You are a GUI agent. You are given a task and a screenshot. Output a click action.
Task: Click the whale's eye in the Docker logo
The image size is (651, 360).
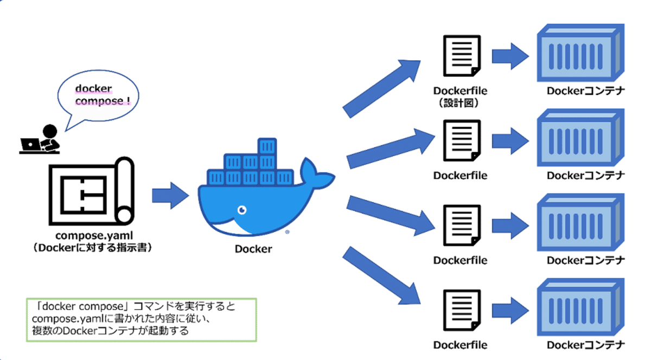point(242,210)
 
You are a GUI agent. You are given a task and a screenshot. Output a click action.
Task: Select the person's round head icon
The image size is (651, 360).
point(50,131)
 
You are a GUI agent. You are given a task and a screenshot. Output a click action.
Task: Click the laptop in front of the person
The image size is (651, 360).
point(30,144)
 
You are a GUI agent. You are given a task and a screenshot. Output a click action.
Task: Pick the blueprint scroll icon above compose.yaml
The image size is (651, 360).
point(92,191)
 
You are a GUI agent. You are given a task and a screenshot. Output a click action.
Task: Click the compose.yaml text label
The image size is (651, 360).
point(94,235)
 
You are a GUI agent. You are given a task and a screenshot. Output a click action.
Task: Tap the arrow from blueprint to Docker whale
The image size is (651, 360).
point(170,196)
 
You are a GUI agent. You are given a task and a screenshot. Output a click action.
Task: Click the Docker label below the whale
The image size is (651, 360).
point(253,249)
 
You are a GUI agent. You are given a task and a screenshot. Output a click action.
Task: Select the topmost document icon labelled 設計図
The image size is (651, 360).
point(462,55)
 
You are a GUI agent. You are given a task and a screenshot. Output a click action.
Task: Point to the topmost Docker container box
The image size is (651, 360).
point(580,53)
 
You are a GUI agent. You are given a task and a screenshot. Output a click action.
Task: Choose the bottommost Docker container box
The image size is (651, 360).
point(580,307)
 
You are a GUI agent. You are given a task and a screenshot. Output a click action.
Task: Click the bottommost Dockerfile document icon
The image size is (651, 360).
point(462,310)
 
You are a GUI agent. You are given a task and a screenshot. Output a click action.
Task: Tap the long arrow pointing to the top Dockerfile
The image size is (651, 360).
point(381,88)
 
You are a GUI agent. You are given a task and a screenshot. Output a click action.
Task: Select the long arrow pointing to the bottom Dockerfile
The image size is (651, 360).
point(381,275)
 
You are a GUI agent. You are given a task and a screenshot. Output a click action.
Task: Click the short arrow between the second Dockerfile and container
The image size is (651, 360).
point(510,141)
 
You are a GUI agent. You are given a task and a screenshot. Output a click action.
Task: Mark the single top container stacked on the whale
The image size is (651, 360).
point(267,146)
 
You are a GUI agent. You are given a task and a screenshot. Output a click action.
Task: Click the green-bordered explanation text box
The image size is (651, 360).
point(141,320)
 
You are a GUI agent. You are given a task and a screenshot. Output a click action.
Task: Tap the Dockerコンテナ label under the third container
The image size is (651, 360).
point(585,260)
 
